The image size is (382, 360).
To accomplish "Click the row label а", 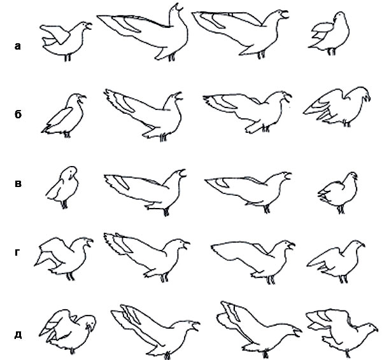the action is pos(18,46).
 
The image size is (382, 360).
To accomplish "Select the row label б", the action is pos(18,114).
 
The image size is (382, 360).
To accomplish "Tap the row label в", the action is pos(18,184).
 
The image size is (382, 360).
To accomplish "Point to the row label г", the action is pos(17,253).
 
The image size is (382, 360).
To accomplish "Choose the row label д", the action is pos(18,335).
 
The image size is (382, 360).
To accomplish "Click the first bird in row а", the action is pos(66,41).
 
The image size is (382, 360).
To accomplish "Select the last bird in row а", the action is pos(330,34).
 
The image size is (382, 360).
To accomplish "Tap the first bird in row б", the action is pos(64,116).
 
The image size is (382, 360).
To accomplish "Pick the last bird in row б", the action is pos(337,107).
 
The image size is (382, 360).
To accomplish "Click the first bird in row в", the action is pos(62,188).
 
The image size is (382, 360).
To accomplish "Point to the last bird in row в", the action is pos(338,192).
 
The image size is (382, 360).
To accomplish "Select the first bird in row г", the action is pos(64,258).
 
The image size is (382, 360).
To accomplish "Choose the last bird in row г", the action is pos(336,261).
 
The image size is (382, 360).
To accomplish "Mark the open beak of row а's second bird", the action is pos(178,7).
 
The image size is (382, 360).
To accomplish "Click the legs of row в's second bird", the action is pos(166,212).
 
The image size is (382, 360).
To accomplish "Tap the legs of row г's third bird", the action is pos(271,280).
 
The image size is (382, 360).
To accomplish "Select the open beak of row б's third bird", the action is pos(288,97).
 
